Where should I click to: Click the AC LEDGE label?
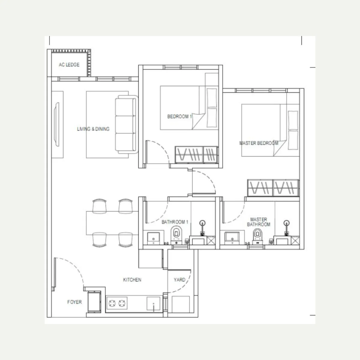coord(69,64)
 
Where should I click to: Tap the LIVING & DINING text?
coord(93,129)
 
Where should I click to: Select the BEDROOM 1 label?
coord(179,117)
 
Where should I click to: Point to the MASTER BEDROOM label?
coord(259,143)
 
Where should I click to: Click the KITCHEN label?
coord(132,280)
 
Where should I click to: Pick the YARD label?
coord(179,280)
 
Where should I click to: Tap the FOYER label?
coord(74,302)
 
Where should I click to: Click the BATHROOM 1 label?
coord(175,222)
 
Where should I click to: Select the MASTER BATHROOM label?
coord(259,222)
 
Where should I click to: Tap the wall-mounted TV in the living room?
coord(57,124)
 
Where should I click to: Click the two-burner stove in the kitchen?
coord(117,303)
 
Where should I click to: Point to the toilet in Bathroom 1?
coord(176,235)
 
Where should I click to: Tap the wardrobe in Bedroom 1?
coord(196,155)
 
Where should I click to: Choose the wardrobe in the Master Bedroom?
coord(273,188)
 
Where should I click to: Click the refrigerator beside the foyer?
coord(94,302)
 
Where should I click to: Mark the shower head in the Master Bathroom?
coord(286,223)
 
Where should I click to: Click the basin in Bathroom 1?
coord(154,238)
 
